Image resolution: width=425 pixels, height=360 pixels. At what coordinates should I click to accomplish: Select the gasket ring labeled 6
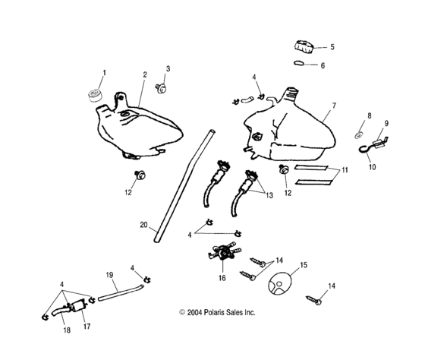(301, 65)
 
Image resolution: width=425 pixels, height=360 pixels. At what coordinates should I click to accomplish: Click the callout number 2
(144, 75)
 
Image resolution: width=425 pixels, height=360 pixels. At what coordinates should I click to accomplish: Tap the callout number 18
(66, 332)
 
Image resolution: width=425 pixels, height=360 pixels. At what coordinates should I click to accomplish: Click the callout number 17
(87, 327)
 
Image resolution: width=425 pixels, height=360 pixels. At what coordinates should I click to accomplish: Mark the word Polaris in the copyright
(229, 311)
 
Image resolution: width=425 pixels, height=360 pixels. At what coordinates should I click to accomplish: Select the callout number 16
(222, 279)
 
